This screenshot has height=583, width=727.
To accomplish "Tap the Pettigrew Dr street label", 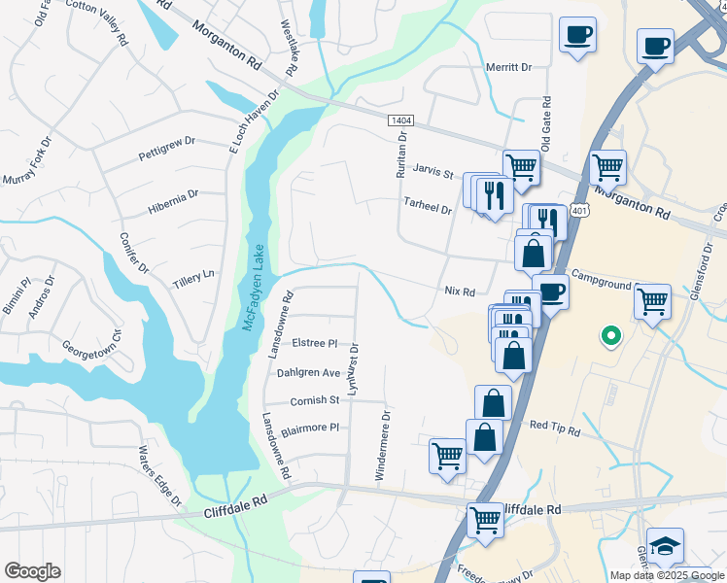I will pyautogui.click(x=166, y=148).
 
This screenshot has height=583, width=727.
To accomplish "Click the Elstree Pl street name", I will pyautogui.click(x=314, y=343).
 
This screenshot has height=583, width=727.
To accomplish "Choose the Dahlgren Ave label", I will pyautogui.click(x=308, y=372).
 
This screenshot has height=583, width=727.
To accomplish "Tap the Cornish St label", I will pyautogui.click(x=314, y=399).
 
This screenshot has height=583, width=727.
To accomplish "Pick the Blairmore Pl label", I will pyautogui.click(x=308, y=427).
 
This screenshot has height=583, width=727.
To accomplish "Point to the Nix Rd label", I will pyautogui.click(x=459, y=291).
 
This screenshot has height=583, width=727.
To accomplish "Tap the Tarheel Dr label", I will pyautogui.click(x=429, y=208).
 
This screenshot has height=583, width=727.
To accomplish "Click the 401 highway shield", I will pyautogui.click(x=579, y=210).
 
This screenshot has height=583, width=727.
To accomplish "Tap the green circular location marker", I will pyautogui.click(x=610, y=336).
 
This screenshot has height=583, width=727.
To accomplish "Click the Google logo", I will pyautogui.click(x=32, y=571).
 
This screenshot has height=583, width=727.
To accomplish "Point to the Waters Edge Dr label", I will pyautogui.click(x=160, y=476).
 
